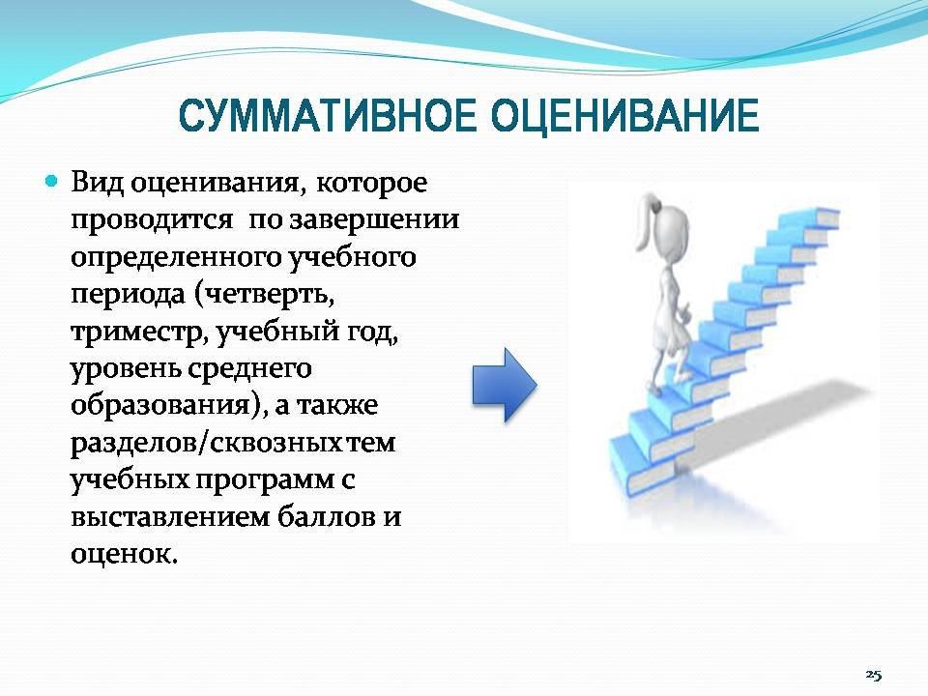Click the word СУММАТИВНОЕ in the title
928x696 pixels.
[328, 117]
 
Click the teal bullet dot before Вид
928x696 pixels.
[52, 181]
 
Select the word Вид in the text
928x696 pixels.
[97, 183]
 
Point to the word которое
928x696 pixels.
[371, 183]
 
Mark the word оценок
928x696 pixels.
[123, 555]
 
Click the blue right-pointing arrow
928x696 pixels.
[505, 385]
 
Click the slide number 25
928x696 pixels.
[874, 675]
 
